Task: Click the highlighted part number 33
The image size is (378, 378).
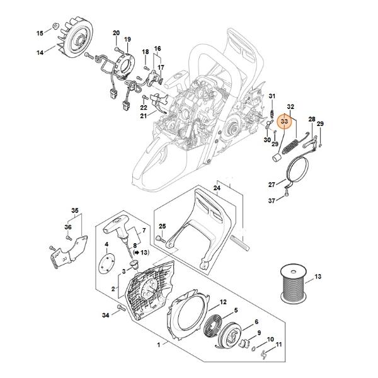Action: click(x=285, y=121)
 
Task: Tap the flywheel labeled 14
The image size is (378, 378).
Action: click(x=76, y=37)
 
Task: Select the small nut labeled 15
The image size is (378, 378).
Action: click(x=56, y=25)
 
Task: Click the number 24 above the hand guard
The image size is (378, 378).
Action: click(x=217, y=188)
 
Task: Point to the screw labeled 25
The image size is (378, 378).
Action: click(x=161, y=239)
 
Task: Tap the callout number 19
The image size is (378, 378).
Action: click(x=127, y=39)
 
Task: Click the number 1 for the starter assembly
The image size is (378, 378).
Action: click(x=158, y=345)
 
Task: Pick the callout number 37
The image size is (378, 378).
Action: click(x=272, y=200)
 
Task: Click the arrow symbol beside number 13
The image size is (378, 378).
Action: click(x=137, y=253)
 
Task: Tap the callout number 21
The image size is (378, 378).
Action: click(x=144, y=116)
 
